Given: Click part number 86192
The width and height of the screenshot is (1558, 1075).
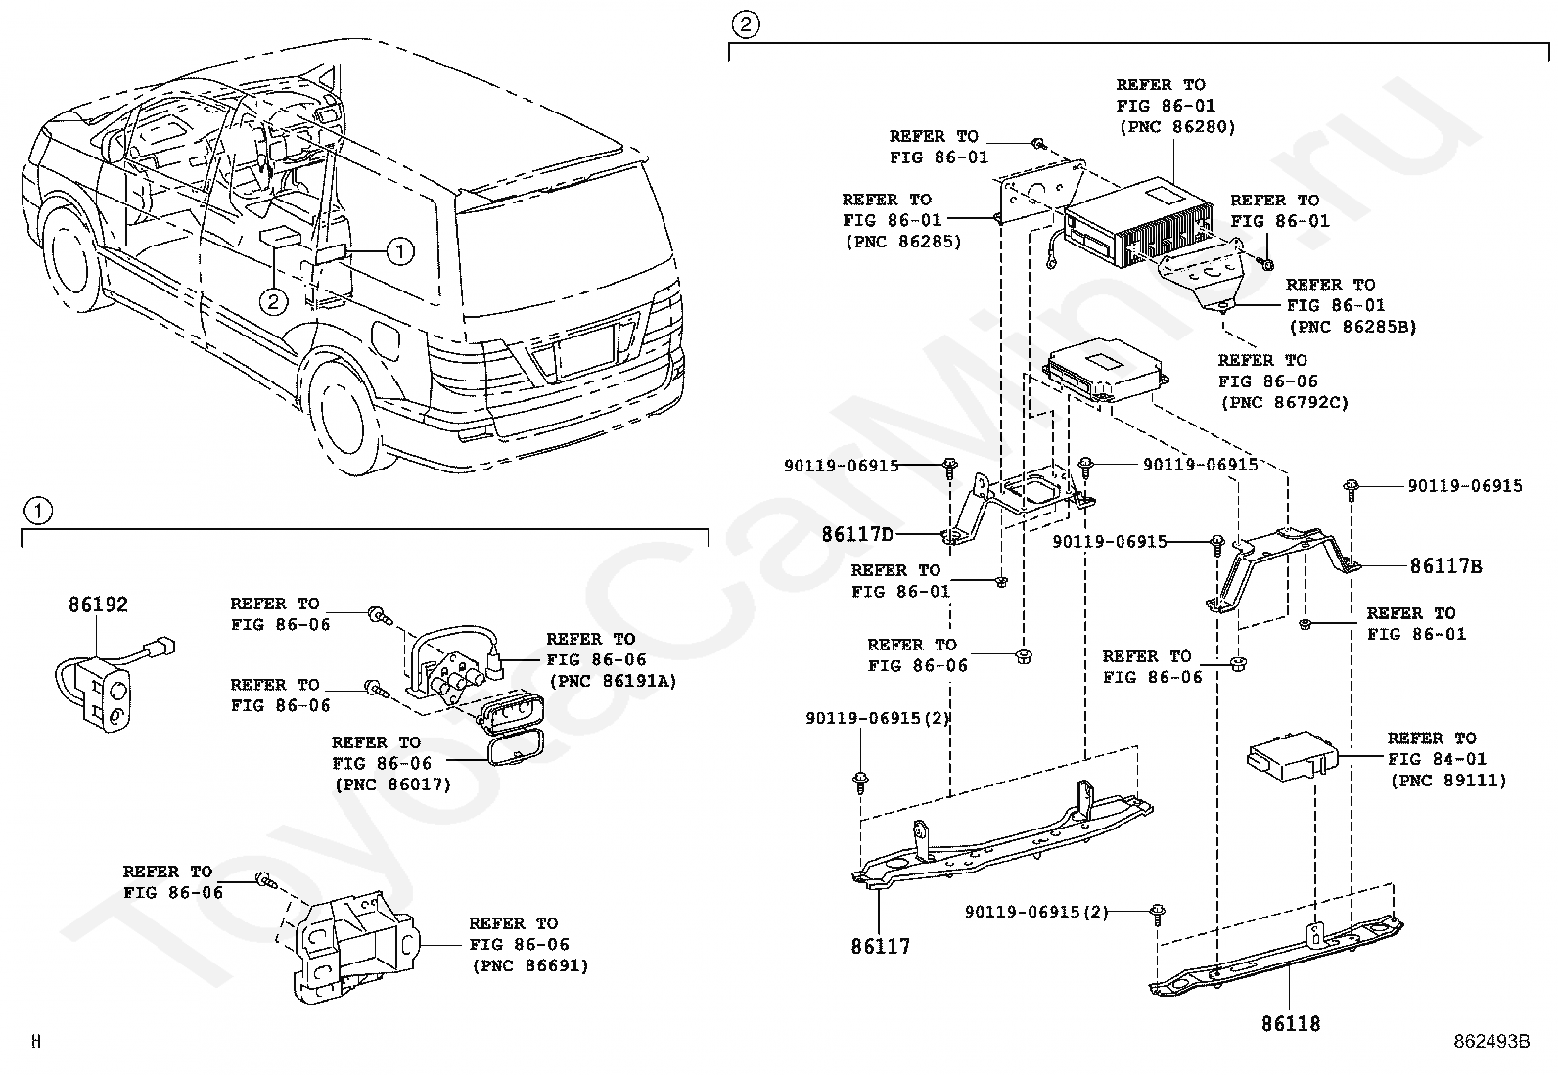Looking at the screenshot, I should pos(98,605).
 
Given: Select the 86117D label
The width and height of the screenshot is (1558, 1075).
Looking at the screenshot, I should pos(857,534).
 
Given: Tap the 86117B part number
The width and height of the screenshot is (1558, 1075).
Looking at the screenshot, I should pos(1445,566).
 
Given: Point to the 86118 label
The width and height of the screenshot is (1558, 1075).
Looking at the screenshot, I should pos(1290,1023).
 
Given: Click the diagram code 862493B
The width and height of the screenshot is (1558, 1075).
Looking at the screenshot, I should pos(1490,1042).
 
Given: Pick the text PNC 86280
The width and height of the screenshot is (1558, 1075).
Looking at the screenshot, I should pos(1176,127).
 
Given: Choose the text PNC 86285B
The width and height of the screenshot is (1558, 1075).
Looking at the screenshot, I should pos(1352,327).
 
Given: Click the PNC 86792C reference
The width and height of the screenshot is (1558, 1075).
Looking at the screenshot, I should pos(1284,402).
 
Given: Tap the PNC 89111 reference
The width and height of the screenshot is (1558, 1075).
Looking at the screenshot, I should pos(1447,781).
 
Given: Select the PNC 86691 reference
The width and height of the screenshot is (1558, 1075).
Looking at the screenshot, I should pos(529,965).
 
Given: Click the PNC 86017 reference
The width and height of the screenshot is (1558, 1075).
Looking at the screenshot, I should pos(391,784).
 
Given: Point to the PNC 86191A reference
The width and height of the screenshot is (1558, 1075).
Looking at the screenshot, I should pos(613,682).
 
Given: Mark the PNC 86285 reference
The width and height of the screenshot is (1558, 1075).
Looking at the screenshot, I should pos(902,242).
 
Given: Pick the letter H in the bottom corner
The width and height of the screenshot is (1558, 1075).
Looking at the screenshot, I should pos(36,1042).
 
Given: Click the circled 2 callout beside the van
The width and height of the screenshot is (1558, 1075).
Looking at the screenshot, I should pos(273,301).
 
